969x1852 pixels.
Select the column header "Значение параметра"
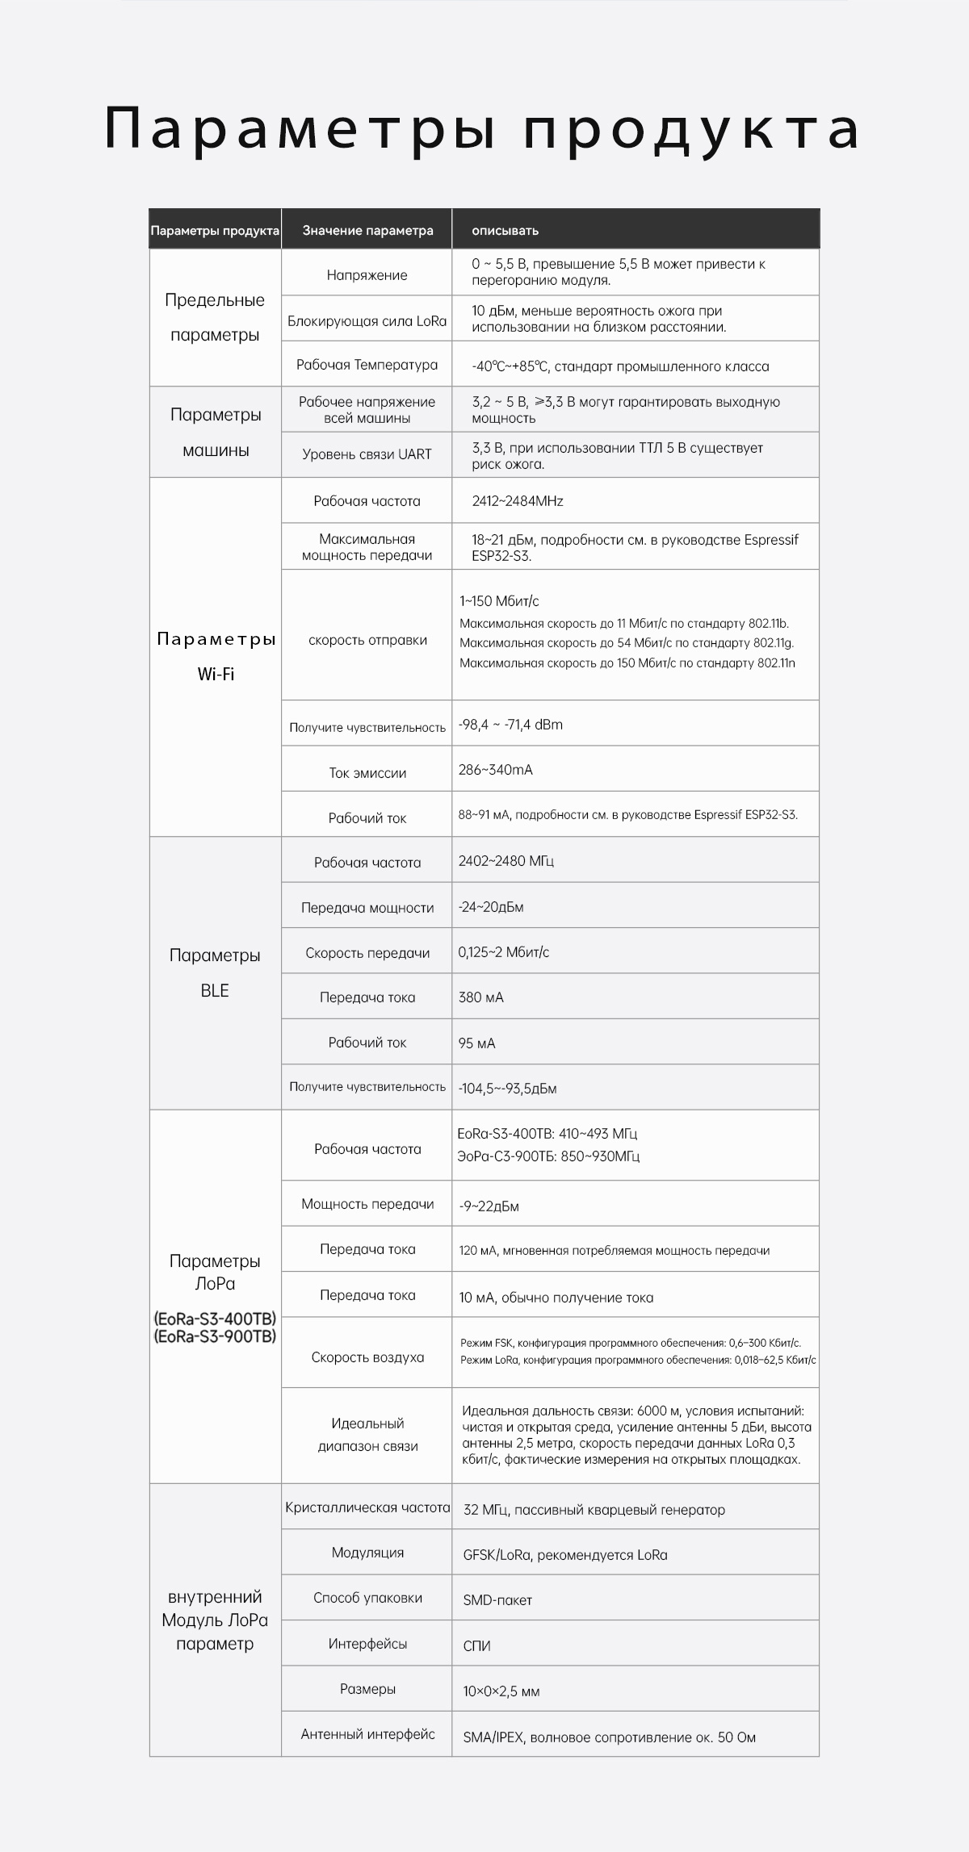[367, 231]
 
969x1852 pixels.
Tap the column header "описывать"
[505, 231]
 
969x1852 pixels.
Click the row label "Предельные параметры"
[215, 317]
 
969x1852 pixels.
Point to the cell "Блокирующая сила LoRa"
[367, 321]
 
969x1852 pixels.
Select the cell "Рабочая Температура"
[367, 365]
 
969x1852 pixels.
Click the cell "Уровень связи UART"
[367, 454]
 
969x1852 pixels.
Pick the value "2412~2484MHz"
[518, 501]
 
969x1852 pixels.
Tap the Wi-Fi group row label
[216, 657]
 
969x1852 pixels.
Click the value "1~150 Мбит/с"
[499, 601]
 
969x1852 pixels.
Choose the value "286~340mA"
[495, 770]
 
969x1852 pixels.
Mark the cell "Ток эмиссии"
[367, 773]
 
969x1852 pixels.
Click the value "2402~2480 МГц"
[505, 861]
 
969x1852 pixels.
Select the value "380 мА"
[480, 997]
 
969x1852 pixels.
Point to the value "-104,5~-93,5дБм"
[507, 1089]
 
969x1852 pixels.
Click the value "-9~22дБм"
[489, 1206]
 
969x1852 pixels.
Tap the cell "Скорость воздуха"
[367, 1357]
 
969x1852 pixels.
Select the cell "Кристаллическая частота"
[367, 1507]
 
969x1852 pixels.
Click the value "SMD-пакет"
[497, 1600]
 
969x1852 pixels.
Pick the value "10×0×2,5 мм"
[501, 1691]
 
